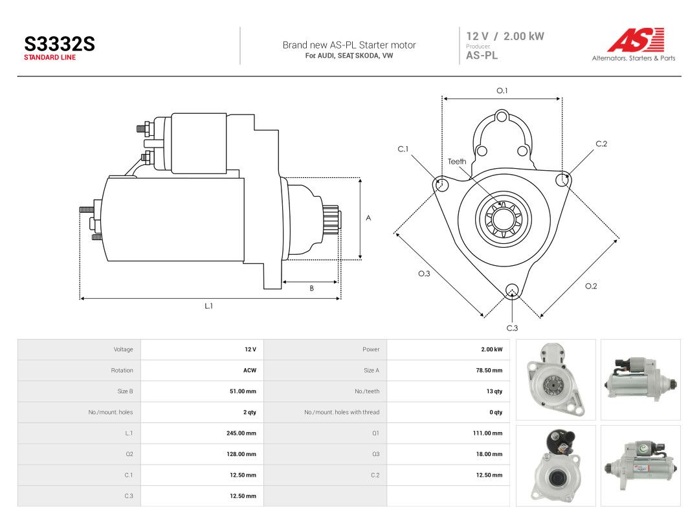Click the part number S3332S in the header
[60, 44]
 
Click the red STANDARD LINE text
[50, 58]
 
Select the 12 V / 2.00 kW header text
[505, 36]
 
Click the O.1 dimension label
[502, 91]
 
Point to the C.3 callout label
[512, 328]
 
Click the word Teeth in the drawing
[457, 161]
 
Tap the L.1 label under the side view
[208, 305]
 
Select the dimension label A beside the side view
[368, 218]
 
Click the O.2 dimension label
[591, 286]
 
